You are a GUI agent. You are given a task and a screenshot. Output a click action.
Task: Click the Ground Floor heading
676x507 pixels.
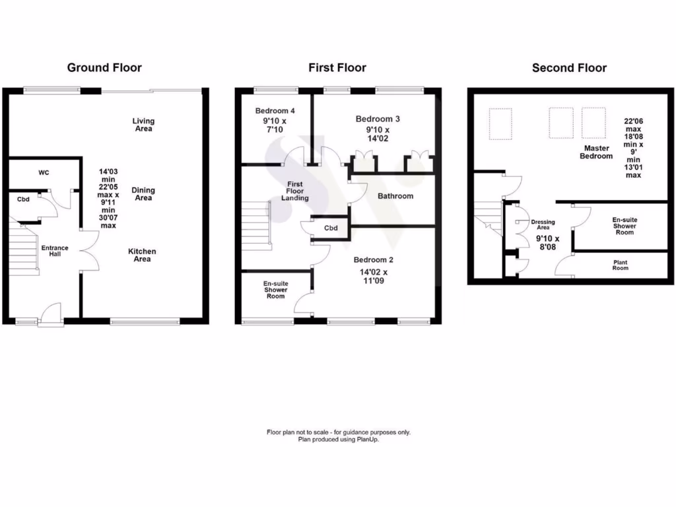[104, 67]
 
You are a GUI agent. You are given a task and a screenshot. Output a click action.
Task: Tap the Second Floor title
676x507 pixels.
[569, 67]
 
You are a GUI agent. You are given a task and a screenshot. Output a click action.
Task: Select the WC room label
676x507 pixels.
[44, 173]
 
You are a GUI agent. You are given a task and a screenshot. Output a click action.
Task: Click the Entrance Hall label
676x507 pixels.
[55, 251]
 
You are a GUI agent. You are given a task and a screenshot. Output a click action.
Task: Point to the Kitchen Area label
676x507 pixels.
[143, 255]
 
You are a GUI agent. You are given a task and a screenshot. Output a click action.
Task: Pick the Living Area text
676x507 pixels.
[143, 125]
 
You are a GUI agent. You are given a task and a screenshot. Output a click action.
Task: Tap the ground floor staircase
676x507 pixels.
[23, 251]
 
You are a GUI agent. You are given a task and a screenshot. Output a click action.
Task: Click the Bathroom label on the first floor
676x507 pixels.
[395, 196]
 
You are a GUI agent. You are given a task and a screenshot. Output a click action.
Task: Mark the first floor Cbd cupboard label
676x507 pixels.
[331, 228]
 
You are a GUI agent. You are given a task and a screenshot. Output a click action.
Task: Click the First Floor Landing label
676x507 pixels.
[294, 191]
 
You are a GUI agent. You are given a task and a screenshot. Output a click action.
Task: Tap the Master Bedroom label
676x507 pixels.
[596, 152]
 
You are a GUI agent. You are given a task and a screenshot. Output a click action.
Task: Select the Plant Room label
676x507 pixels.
[620, 265]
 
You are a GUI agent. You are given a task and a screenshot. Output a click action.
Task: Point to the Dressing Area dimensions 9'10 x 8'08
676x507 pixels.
[547, 243]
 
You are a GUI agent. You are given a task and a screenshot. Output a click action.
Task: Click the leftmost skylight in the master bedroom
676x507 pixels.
[500, 124]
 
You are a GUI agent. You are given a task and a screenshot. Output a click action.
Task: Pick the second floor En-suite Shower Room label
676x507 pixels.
[625, 226]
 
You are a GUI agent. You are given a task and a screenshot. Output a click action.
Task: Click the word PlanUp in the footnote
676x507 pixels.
[368, 439]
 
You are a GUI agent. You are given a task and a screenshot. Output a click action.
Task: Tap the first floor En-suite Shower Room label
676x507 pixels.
[275, 289]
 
